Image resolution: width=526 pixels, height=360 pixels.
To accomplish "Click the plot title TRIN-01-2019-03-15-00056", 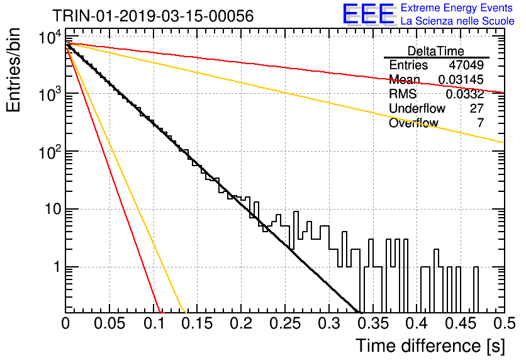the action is pyautogui.click(x=153, y=16).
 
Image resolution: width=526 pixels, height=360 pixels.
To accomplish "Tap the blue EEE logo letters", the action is pyautogui.click(x=369, y=14).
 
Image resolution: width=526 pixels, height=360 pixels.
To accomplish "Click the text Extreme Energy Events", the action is pyautogui.click(x=457, y=8).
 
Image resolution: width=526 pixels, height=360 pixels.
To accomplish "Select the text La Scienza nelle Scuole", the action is pyautogui.click(x=457, y=21).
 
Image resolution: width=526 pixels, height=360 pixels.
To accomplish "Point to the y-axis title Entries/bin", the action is pyautogui.click(x=13, y=70).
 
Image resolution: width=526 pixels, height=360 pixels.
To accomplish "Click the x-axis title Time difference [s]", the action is pyautogui.click(x=430, y=346).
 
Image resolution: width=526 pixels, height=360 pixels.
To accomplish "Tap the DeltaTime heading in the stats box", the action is pyautogui.click(x=435, y=51).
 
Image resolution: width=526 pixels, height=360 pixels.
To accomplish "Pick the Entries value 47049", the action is pyautogui.click(x=466, y=65).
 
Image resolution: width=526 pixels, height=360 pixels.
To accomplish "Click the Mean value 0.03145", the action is pyautogui.click(x=461, y=79).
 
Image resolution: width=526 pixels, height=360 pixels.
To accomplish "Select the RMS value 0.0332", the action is pyautogui.click(x=464, y=94).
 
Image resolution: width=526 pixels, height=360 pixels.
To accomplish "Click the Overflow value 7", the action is pyautogui.click(x=480, y=123).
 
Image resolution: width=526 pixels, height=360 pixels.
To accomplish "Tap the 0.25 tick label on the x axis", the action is pyautogui.click(x=285, y=323).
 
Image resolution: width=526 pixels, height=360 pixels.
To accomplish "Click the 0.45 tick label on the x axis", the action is pyautogui.click(x=461, y=323).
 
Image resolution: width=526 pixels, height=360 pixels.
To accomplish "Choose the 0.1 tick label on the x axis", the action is pyautogui.click(x=154, y=323).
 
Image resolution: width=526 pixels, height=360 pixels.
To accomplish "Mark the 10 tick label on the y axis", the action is pyautogui.click(x=53, y=210).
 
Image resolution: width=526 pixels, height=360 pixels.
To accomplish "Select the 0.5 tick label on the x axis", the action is pyautogui.click(x=505, y=323).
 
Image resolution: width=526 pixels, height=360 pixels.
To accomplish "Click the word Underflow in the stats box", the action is pyautogui.click(x=417, y=108).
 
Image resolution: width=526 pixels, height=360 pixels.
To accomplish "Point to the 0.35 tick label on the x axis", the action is pyautogui.click(x=372, y=323).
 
